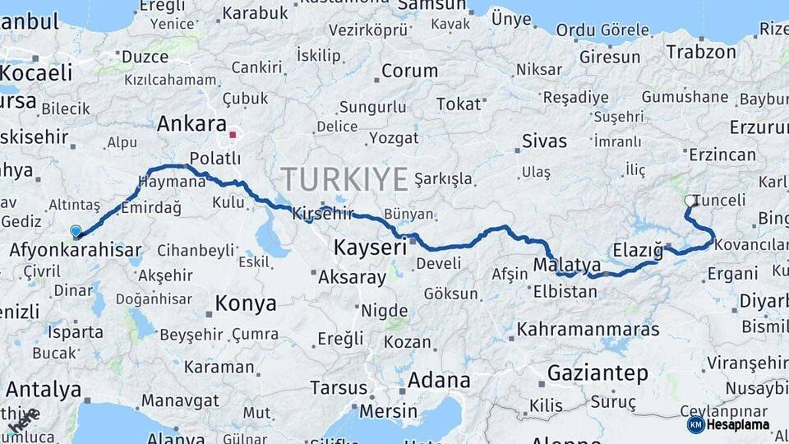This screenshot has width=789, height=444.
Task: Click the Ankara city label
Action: (191, 124)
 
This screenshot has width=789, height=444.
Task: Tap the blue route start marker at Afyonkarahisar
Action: (76, 232)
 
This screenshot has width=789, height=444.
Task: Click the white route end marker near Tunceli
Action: (690, 201)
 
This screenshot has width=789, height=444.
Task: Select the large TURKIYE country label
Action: (344, 178)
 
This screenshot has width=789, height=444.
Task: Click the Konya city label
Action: (246, 303)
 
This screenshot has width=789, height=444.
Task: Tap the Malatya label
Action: (567, 265)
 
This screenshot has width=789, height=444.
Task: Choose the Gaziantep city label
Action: (598, 373)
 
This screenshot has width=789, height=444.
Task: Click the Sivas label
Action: (545, 141)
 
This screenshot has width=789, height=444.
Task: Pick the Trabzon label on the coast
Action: (701, 52)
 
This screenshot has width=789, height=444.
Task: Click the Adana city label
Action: (439, 381)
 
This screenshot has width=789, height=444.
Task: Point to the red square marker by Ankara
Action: (233, 134)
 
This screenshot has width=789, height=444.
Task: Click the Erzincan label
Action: (722, 155)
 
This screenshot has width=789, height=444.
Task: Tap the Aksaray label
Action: (352, 277)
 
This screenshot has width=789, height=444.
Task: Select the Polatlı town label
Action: (215, 158)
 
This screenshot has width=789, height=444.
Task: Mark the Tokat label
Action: (458, 104)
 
